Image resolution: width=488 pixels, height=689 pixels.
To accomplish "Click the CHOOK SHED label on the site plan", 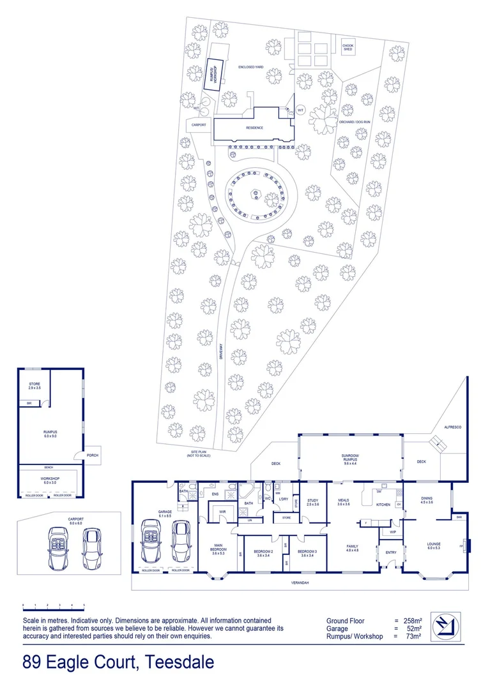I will (347, 48).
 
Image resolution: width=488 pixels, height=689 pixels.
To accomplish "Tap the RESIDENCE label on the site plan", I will (255, 128).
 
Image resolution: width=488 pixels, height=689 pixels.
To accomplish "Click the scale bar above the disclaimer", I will (54, 604).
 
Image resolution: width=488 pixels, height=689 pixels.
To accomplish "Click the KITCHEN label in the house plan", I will (383, 505).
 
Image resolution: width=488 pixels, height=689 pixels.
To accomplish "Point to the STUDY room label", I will (312, 501).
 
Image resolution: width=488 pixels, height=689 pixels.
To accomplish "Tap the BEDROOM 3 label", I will (306, 553).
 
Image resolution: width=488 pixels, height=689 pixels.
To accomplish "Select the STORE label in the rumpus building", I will (34, 386).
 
